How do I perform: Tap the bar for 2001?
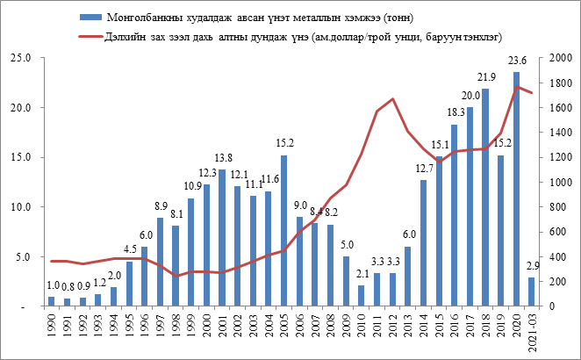click(222, 238)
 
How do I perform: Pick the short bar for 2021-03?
click(531, 292)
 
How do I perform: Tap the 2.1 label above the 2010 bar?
click(362, 275)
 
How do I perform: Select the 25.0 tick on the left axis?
click(20, 58)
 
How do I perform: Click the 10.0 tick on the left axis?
click(20, 207)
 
